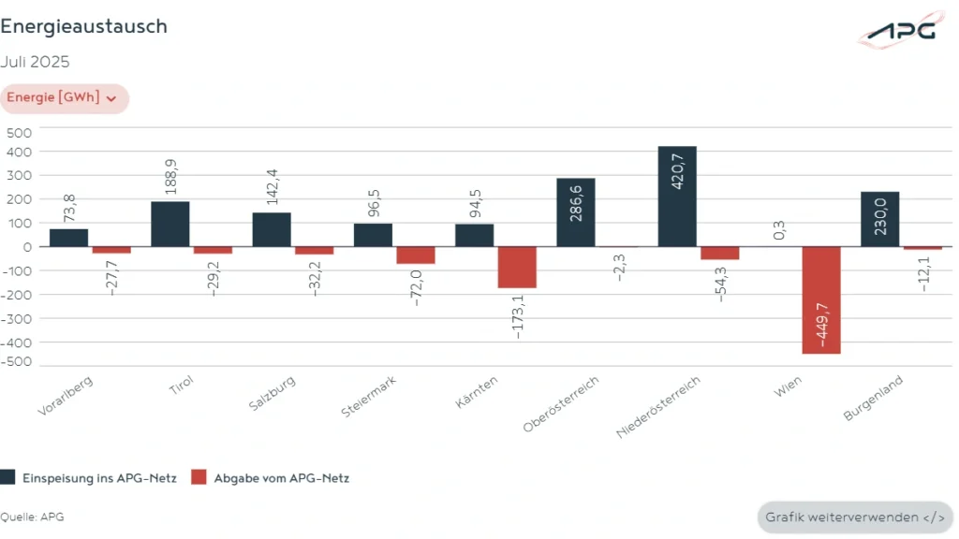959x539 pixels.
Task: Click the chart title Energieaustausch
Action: pyautogui.click(x=84, y=27)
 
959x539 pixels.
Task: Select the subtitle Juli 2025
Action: pyautogui.click(x=35, y=63)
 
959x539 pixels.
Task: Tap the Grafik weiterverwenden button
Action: pyautogui.click(x=855, y=517)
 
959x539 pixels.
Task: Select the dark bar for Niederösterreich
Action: pyautogui.click(x=677, y=197)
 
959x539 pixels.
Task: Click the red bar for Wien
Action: pyautogui.click(x=820, y=300)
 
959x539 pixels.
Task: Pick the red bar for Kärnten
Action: pyautogui.click(x=516, y=268)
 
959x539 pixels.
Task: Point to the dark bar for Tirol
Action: pyautogui.click(x=170, y=225)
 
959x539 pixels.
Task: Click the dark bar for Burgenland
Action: pyautogui.click(x=879, y=220)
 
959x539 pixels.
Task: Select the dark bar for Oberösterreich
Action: pyautogui.click(x=575, y=212)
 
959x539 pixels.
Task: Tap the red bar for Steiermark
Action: pyautogui.click(x=415, y=255)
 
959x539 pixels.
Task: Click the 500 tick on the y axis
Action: pyautogui.click(x=19, y=132)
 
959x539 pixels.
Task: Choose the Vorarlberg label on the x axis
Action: pyautogui.click(x=66, y=397)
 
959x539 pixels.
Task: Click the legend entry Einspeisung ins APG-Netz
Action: pyautogui.click(x=89, y=478)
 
